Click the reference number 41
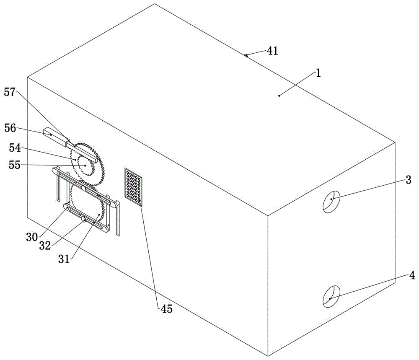pos(273,51)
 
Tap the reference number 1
pos(318,73)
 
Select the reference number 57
pos(10,92)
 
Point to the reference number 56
pos(10,128)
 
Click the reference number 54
pos(15,148)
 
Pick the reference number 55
pos(14,165)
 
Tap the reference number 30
pos(32,237)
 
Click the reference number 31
pos(64,259)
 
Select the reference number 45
pos(166,309)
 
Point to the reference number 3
pos(408,180)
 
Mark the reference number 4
pos(412,275)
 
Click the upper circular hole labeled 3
pos(331,202)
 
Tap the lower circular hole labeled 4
pos(331,296)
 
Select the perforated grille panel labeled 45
pos(133,187)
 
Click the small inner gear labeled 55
pos(85,166)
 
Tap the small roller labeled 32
pos(84,220)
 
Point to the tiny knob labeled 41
pos(245,55)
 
